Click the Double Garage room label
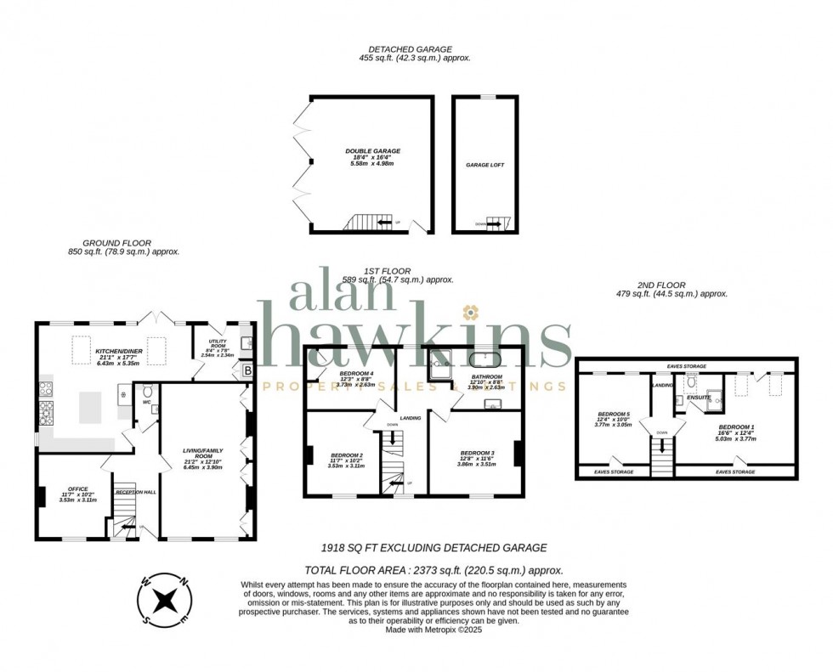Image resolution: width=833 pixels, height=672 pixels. point(372,151)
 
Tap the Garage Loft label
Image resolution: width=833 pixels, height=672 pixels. point(485,165)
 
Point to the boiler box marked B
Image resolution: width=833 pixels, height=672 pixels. point(248,370)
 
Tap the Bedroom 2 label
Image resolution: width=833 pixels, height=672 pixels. point(346,455)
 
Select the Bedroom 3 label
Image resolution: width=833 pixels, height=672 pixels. point(476,453)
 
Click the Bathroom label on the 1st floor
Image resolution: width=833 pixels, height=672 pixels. point(487,376)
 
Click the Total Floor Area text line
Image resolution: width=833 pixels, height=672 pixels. point(433,572)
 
